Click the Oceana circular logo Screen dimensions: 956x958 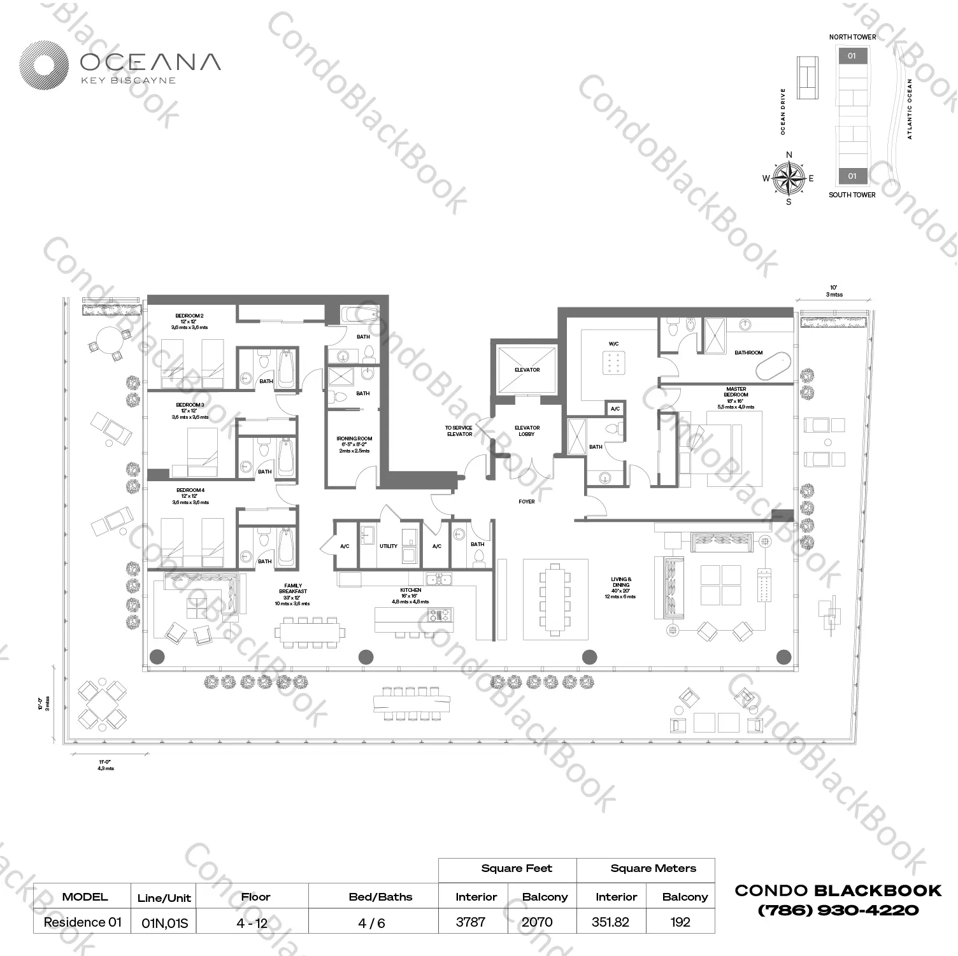tap(43, 65)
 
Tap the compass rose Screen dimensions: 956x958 tap(789, 178)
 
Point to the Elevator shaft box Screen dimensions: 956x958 tap(527, 369)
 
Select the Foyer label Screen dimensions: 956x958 tap(527, 502)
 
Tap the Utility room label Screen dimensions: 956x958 tap(388, 546)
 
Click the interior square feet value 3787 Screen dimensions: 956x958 tap(471, 922)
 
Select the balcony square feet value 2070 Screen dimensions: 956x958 tap(537, 922)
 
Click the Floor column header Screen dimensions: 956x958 tap(255, 897)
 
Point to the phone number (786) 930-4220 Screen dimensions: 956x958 tap(838, 911)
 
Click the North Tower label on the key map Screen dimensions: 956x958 tap(852, 37)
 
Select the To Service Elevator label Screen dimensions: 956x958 tap(459, 431)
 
